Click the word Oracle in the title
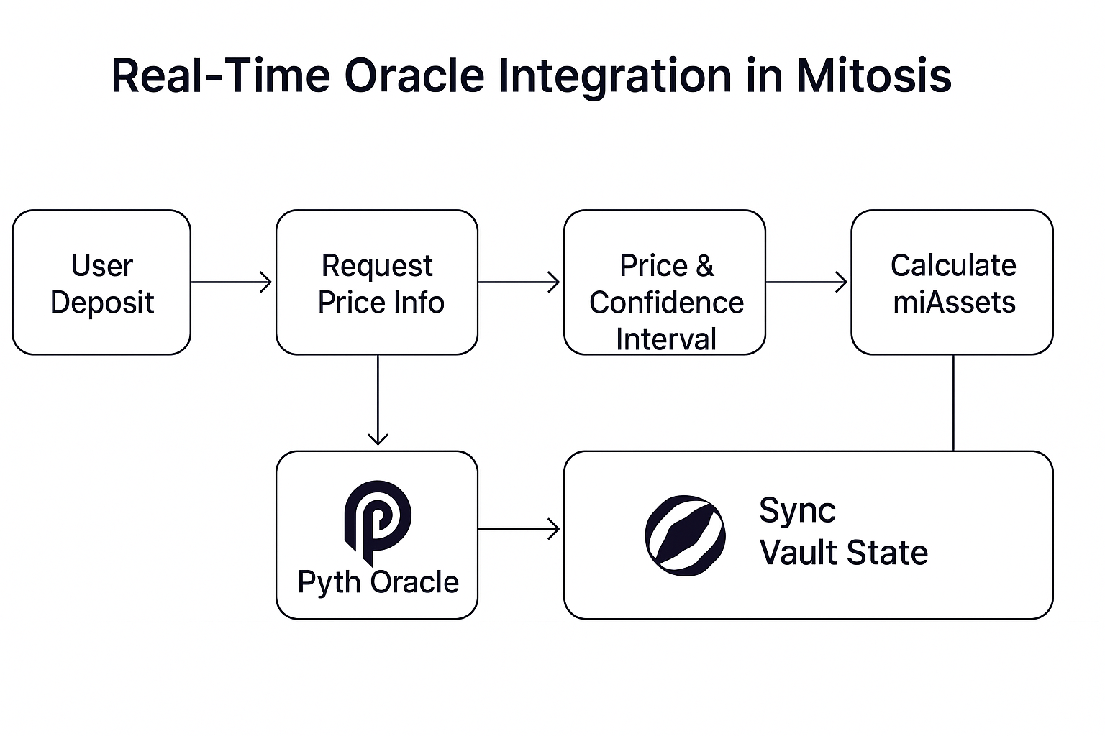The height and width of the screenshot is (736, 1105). pos(414,75)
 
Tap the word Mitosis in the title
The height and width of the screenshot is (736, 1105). pos(873,75)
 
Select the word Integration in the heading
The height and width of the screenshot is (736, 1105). pos(615,78)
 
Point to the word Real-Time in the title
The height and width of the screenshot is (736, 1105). pos(221,75)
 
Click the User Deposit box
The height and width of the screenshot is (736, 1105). pos(101,282)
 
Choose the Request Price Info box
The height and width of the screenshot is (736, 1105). pos(377,282)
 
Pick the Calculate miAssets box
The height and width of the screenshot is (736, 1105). pos(952,282)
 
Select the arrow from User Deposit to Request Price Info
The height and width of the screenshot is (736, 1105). pos(232,282)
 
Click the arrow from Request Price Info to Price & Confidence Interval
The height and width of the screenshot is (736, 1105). pos(519,282)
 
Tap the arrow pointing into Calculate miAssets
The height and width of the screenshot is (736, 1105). pos(806,282)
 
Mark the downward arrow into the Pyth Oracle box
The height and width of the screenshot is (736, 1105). pos(378,400)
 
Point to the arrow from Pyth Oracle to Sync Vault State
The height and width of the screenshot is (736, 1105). pos(519,529)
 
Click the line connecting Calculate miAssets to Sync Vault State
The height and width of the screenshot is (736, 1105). pos(953,402)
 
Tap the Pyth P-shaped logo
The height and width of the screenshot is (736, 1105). pos(378,523)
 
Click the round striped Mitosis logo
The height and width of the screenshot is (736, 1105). pos(685,535)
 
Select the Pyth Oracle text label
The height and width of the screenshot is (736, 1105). pos(378,582)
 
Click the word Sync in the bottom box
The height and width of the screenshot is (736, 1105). pos(797,512)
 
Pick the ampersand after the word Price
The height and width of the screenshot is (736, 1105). pos(704,266)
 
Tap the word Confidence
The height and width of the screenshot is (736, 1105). pos(666,302)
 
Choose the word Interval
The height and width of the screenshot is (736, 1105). pos(666,339)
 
